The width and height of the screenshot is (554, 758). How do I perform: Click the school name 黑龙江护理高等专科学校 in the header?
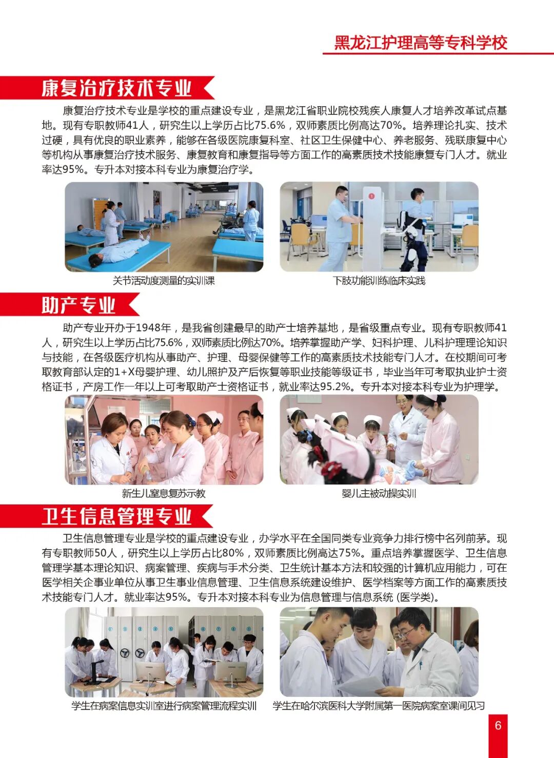[x=421, y=42]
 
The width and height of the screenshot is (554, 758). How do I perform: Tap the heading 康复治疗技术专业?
[x=116, y=88]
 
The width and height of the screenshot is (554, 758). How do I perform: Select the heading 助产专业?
[x=78, y=305]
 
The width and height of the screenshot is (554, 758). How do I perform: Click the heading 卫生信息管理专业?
[x=116, y=516]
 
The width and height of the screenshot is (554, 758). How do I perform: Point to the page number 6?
[x=498, y=726]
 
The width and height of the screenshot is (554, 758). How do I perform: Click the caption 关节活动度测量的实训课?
[x=164, y=281]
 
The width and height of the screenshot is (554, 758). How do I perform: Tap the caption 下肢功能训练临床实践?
[x=379, y=281]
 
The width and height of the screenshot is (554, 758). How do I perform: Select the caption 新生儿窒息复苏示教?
[x=164, y=493]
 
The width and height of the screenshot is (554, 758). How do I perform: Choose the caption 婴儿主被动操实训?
[x=379, y=493]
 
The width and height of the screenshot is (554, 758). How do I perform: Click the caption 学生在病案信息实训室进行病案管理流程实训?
[x=164, y=706]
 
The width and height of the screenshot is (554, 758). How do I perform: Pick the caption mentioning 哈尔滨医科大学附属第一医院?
[x=379, y=706]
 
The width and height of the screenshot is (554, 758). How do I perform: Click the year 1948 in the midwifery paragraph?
[x=153, y=328]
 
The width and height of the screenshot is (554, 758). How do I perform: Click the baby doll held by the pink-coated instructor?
[x=414, y=470]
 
